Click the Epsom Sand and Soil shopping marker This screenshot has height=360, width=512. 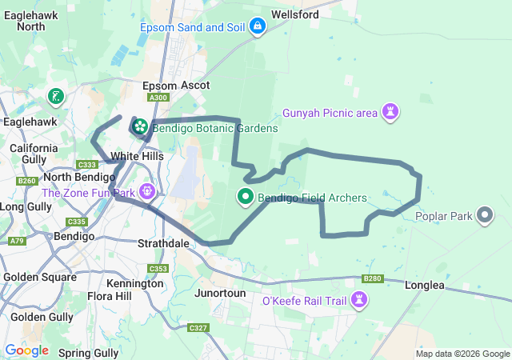point(258,27)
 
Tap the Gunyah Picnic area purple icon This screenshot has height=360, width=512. point(390,112)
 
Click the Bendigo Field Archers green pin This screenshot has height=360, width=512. point(245,196)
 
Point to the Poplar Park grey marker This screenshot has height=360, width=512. point(485,215)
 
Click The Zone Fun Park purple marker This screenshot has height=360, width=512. point(147,192)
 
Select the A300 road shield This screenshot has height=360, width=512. point(159,98)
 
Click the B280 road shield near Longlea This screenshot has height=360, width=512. point(372,278)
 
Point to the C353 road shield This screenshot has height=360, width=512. point(158,269)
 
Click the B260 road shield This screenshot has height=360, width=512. point(27,181)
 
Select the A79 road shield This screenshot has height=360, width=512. point(15,240)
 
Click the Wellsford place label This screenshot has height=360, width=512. point(295,14)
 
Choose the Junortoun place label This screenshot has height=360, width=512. point(220,293)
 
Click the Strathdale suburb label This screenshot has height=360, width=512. point(162,242)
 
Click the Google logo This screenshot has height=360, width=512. point(26,350)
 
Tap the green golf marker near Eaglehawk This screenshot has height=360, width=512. point(55,98)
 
